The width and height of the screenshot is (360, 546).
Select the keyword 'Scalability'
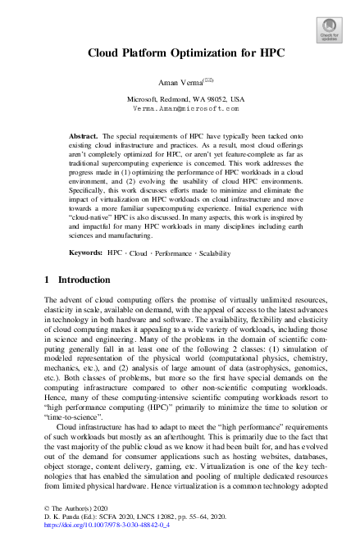coord(215,231)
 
